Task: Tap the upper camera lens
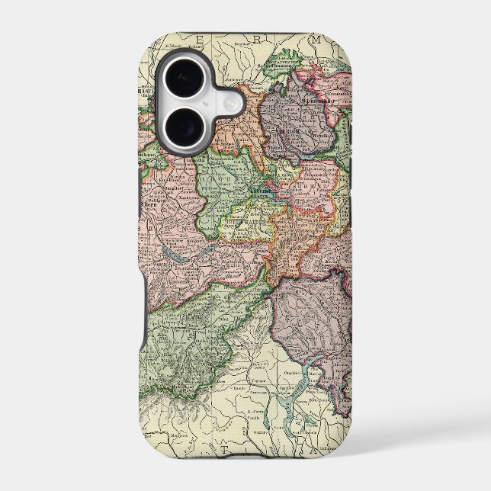click(x=184, y=79)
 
